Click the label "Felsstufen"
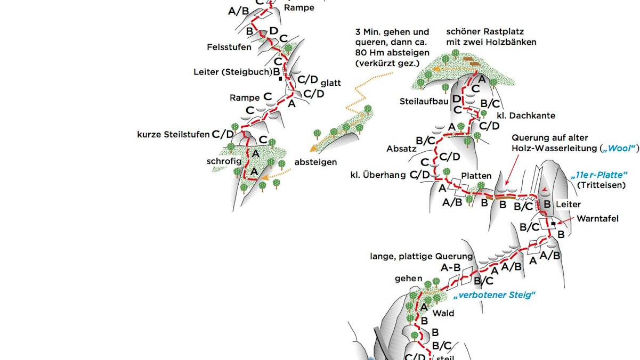tap(229, 47)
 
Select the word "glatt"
tap(330, 83)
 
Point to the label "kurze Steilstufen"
tap(173, 134)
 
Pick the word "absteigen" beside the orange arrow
tap(315, 162)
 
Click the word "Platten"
tap(476, 176)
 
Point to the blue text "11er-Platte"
tap(598, 175)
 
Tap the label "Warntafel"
tap(598, 218)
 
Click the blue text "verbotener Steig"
tap(494, 295)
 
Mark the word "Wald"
tap(443, 313)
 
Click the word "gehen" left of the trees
tap(409, 279)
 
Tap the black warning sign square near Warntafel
tap(553, 224)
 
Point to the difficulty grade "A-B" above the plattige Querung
tap(451, 268)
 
